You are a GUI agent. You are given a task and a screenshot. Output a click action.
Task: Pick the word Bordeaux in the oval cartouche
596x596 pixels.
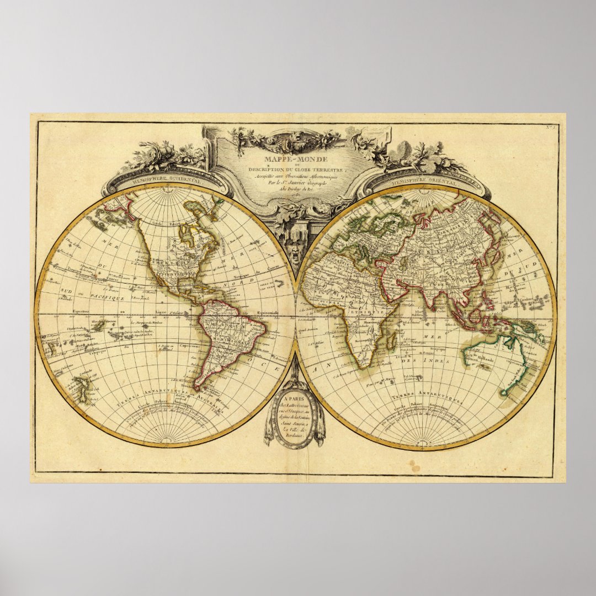click(x=293, y=435)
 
